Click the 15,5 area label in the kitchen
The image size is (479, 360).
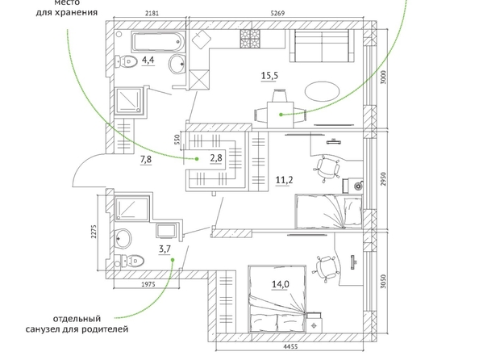tap(270, 75)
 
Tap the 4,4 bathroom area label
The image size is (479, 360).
tap(148, 60)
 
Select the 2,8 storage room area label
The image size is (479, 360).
tap(215, 158)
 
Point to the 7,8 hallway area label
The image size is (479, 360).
tap(146, 159)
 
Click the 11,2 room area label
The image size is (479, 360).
tap(284, 180)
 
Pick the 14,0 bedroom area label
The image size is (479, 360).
tap(281, 284)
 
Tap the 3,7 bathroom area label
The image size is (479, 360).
tap(165, 249)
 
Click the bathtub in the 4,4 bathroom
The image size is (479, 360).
tap(158, 42)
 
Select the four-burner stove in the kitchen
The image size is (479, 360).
tap(250, 39)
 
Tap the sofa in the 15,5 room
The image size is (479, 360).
tap(322, 45)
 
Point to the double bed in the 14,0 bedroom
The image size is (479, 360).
tap(277, 299)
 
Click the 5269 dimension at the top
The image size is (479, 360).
tap(277, 13)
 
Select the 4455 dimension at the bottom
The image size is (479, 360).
tap(290, 346)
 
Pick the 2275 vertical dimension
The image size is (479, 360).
tap(94, 232)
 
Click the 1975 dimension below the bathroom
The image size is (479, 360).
tap(148, 284)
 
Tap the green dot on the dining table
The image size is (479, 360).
tap(281, 115)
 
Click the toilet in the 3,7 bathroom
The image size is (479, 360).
tap(129, 261)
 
